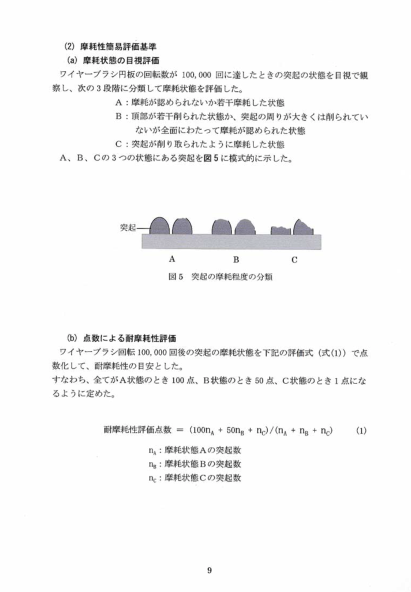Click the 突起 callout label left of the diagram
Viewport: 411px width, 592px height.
129,228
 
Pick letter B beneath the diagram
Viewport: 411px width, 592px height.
236,259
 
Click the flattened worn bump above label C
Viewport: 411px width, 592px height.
281,230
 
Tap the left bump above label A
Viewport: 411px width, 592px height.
159,225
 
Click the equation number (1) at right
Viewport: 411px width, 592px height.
361,431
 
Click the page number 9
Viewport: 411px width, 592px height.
209,571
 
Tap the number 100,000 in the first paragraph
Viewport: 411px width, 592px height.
197,74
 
